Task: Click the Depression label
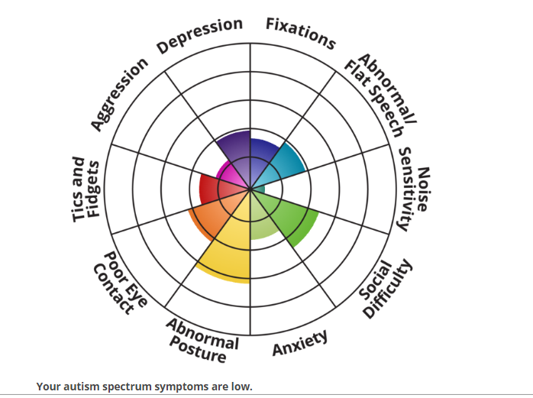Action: [199, 35]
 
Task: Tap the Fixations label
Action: [301, 33]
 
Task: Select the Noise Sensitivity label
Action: [414, 189]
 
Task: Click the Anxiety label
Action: [300, 342]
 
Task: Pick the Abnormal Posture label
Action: [202, 340]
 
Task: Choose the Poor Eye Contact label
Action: [121, 283]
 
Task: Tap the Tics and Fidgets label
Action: [86, 189]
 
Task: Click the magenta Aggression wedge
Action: [231, 173]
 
